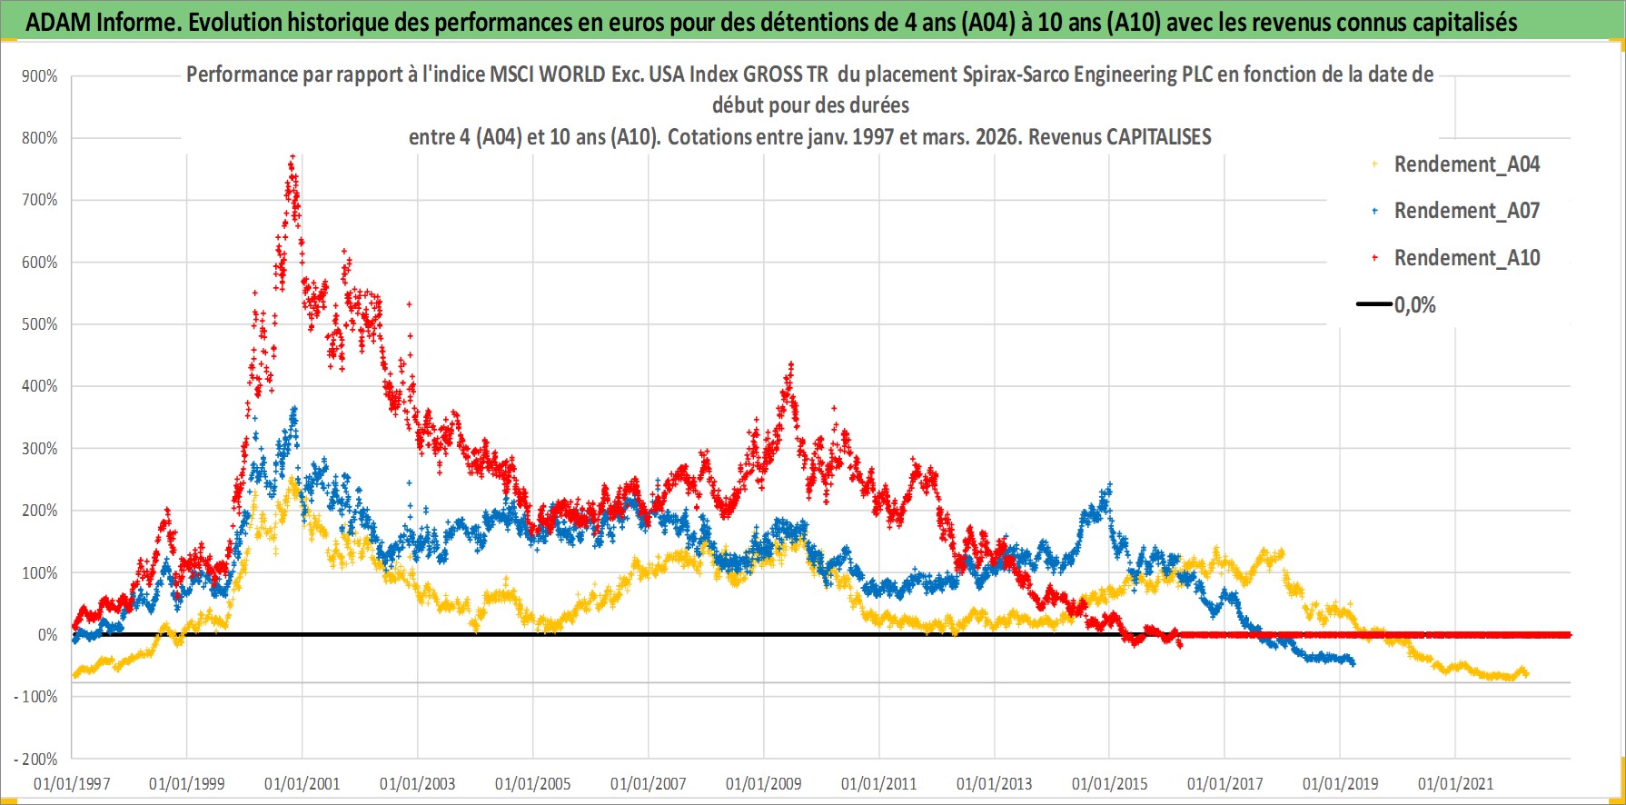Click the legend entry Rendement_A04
tap(1466, 164)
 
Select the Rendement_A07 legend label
tap(1466, 211)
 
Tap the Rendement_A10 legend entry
tap(1466, 258)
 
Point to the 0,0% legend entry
tap(1414, 305)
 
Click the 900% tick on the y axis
tap(40, 76)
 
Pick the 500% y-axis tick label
tap(40, 324)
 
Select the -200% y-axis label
tap(36, 759)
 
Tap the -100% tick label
tap(36, 697)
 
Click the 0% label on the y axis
tap(47, 635)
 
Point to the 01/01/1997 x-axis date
tap(72, 783)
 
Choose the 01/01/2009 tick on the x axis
tap(764, 783)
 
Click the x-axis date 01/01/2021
tap(1455, 783)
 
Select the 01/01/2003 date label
tap(418, 783)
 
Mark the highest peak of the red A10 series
tap(292, 156)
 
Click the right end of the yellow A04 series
tap(1526, 673)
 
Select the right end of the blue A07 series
tap(1353, 663)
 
